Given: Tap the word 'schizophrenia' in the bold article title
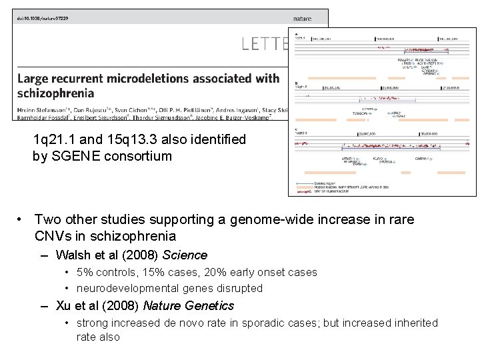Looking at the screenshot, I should click(55, 93).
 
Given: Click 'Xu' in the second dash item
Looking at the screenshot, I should click(63, 305).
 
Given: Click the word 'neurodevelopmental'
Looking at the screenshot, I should click(126, 288).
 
